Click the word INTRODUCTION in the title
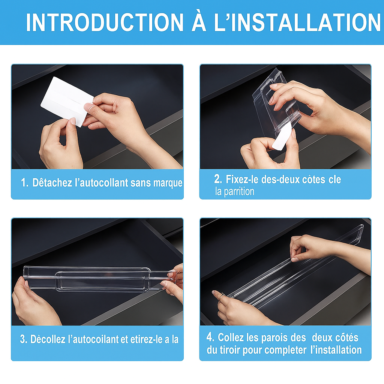[105, 22]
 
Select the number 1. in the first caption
[25, 183]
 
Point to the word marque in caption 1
[168, 183]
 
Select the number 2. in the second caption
[218, 179]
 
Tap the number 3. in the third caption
[24, 339]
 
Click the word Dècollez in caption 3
[48, 339]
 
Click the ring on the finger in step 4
[222, 296]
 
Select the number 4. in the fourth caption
[210, 337]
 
